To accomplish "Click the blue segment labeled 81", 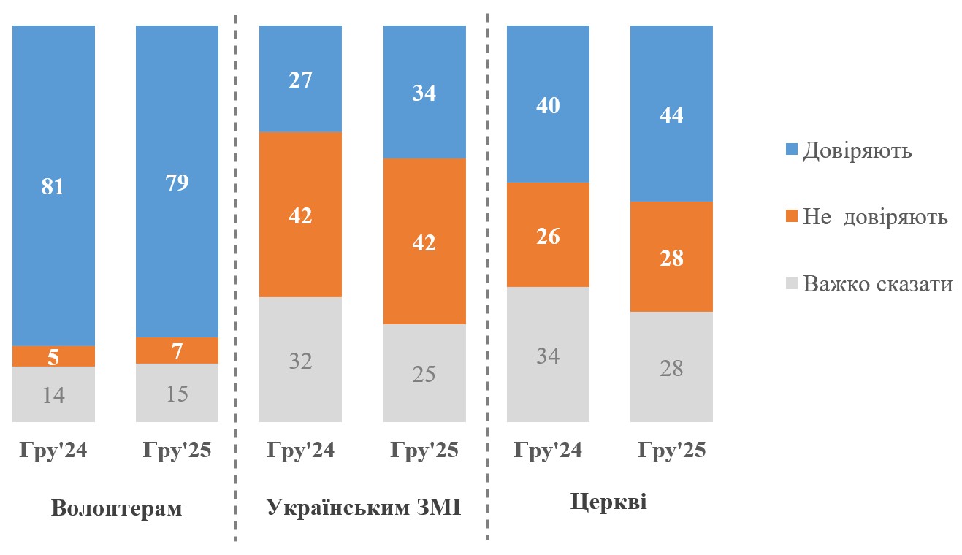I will [x=53, y=185].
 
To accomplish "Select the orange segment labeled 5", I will [x=53, y=356].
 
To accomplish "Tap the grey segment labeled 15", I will [x=177, y=393].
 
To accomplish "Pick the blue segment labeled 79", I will [x=177, y=181].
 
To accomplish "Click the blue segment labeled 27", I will [x=300, y=79].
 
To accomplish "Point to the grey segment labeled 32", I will [x=300, y=359].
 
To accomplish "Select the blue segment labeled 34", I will [x=424, y=92].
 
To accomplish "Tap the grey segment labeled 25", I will [x=424, y=373].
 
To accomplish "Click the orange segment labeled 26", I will [x=548, y=234].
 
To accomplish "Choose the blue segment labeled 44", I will [x=671, y=113].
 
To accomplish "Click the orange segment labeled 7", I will [x=177, y=351].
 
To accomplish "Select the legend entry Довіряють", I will [x=856, y=151].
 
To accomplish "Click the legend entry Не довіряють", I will [x=874, y=217].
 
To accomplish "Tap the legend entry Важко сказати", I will [x=877, y=283].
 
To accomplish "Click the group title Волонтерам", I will [x=116, y=508].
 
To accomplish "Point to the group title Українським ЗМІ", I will [x=363, y=508].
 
